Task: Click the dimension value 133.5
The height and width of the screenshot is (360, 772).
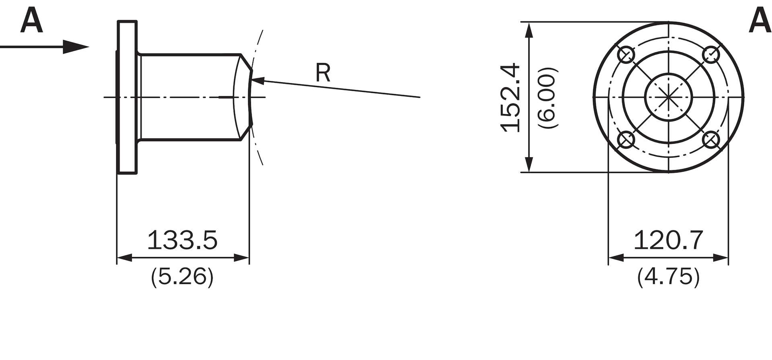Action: (182, 240)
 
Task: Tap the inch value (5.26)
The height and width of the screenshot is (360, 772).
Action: (182, 277)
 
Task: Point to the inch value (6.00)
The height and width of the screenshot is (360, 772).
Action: (548, 98)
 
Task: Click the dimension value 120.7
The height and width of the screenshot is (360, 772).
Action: (668, 240)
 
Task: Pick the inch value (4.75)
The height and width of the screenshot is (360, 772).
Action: (668, 277)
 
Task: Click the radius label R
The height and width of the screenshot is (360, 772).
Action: (323, 73)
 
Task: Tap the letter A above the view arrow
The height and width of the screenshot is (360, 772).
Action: (31, 21)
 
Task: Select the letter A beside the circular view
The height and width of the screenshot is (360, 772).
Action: (760, 21)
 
